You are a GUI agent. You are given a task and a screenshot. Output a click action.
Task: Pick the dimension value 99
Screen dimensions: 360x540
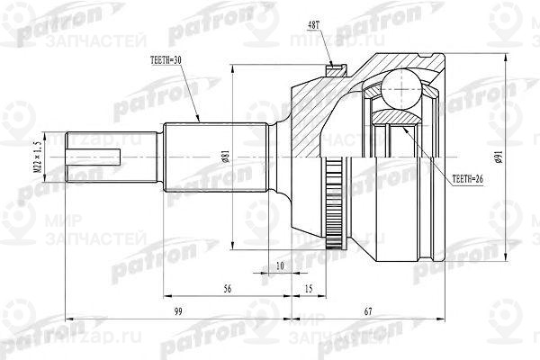click(178, 311)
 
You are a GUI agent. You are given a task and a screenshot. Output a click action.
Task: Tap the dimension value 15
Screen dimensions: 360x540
click(309, 289)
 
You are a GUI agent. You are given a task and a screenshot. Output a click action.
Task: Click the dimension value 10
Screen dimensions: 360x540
click(281, 267)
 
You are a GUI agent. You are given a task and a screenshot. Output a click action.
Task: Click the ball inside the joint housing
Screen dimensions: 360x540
click(399, 93)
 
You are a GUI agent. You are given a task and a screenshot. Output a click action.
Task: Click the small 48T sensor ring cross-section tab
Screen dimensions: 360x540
click(335, 67)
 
